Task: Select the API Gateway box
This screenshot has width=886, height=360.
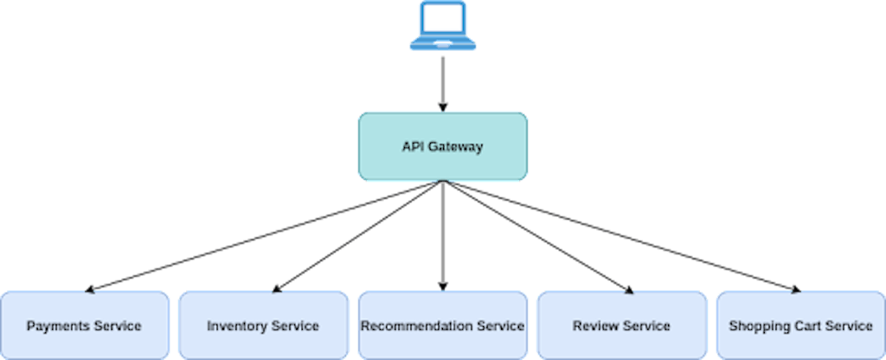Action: (443, 146)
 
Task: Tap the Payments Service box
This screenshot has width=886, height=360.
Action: (84, 325)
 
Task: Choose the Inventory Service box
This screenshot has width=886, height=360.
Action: (263, 325)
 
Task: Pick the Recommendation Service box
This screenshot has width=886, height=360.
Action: (443, 325)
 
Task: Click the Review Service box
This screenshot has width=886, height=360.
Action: (621, 325)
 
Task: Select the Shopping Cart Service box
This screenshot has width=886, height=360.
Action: (800, 325)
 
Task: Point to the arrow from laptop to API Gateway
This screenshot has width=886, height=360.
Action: (443, 82)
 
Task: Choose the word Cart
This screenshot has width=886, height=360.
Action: (802, 326)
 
